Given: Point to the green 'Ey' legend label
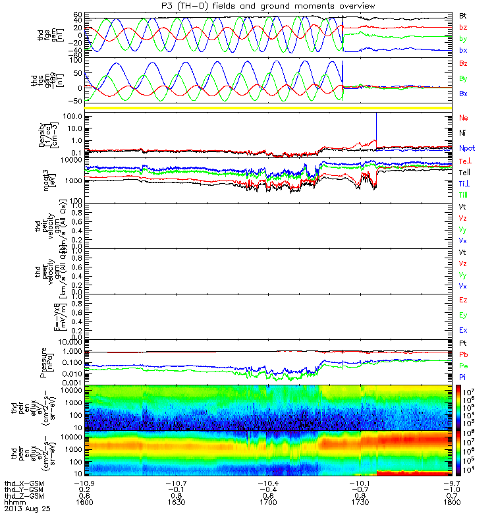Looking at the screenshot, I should [x=463, y=315].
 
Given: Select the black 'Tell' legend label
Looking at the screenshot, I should [x=465, y=171].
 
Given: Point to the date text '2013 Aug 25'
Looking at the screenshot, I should [x=27, y=509].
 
